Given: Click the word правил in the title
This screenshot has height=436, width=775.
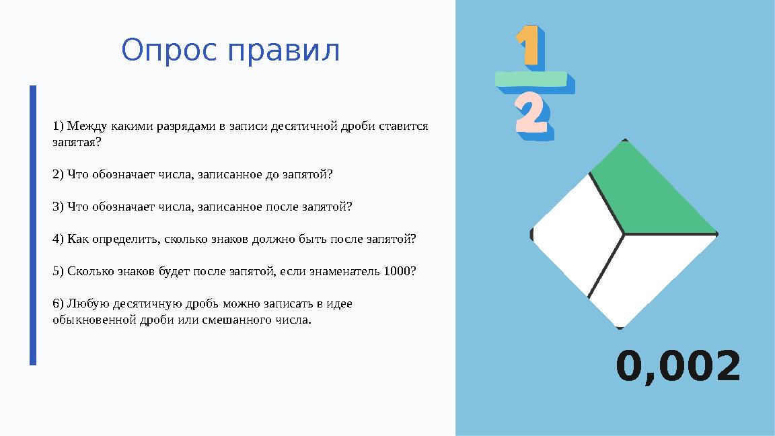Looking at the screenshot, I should click(285, 51).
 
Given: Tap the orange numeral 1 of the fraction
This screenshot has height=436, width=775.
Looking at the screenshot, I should click(529, 46).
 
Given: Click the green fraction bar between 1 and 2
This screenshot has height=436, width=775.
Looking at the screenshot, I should click(534, 80).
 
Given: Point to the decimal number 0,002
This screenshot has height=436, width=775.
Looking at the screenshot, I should click(677, 367).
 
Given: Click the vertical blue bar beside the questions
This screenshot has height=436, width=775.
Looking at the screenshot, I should click(32, 225).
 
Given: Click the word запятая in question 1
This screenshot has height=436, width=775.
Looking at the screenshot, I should click(74, 143).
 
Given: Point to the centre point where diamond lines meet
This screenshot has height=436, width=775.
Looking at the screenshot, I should click(624, 234).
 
